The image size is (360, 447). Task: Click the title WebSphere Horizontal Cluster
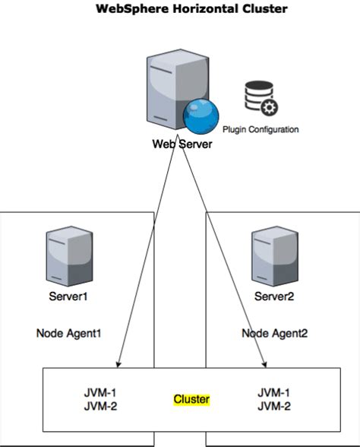point(191,8)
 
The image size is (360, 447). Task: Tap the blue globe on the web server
point(201,116)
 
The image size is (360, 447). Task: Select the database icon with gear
point(261,98)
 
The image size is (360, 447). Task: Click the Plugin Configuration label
point(261,129)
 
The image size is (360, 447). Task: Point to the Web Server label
point(182,144)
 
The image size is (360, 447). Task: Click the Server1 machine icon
point(70,256)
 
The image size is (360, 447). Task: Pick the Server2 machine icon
point(275,256)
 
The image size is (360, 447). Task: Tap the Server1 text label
point(68,296)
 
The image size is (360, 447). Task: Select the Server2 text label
point(274,296)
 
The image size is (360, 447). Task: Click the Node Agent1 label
point(68,333)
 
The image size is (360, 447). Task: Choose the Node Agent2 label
point(275,333)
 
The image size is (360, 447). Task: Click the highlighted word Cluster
point(191,399)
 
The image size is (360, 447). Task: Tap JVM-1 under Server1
point(100,393)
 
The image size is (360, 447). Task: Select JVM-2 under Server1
point(100,406)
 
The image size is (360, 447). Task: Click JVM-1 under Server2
point(273,393)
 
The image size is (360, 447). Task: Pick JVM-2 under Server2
point(274,406)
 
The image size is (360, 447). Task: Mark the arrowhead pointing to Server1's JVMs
point(118,365)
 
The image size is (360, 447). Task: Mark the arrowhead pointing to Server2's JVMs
point(265,365)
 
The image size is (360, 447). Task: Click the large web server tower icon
point(178,89)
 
